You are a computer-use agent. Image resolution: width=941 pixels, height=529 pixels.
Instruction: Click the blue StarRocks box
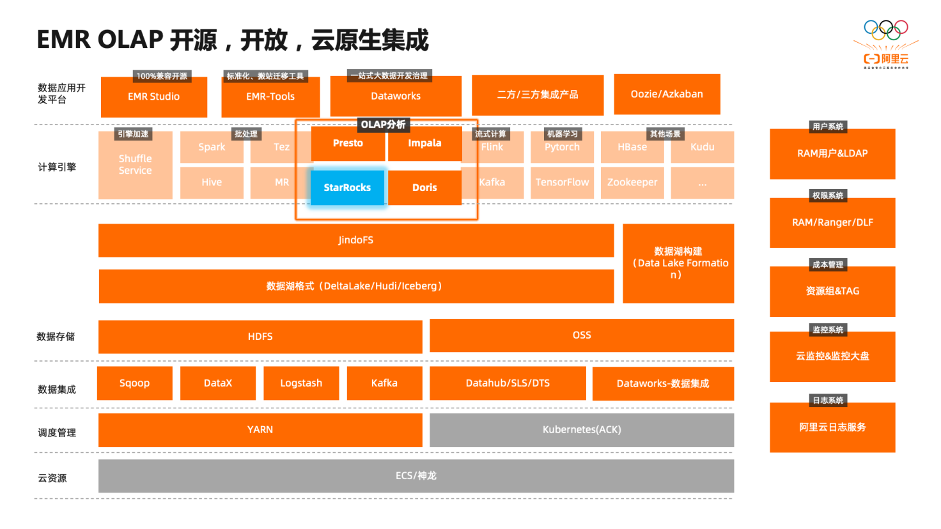(347, 187)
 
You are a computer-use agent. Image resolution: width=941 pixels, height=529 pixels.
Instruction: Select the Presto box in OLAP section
(348, 143)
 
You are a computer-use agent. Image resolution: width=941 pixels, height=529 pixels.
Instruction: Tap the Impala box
(424, 143)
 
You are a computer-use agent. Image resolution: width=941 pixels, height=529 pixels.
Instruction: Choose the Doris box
(424, 188)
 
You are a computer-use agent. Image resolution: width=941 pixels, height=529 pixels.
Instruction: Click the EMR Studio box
(153, 97)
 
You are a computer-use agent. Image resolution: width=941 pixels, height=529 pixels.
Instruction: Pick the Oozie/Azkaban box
(667, 94)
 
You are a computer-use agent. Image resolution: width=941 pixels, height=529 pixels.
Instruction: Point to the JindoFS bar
(355, 240)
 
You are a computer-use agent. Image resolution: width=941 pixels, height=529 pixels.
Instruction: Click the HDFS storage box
(260, 336)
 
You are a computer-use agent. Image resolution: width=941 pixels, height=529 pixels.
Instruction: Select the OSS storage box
(582, 335)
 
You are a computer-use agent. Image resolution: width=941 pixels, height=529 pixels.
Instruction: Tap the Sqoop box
(134, 383)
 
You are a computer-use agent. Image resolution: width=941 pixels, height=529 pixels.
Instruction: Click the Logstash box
(301, 383)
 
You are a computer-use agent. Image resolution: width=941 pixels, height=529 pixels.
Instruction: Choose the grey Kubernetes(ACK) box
(582, 430)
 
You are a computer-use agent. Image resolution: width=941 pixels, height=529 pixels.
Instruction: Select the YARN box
(260, 430)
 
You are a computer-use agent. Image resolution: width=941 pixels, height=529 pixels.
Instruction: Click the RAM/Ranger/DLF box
(832, 223)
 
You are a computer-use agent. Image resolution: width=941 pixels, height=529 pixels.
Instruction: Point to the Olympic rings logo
(885, 29)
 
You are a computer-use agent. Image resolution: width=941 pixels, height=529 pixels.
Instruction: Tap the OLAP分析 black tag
(383, 125)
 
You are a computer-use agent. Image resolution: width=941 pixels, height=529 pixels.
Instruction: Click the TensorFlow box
(562, 183)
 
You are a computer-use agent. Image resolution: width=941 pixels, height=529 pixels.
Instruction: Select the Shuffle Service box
(136, 165)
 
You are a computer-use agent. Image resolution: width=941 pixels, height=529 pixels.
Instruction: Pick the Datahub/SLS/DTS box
(508, 383)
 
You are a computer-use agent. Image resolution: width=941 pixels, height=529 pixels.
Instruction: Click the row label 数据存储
(56, 337)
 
